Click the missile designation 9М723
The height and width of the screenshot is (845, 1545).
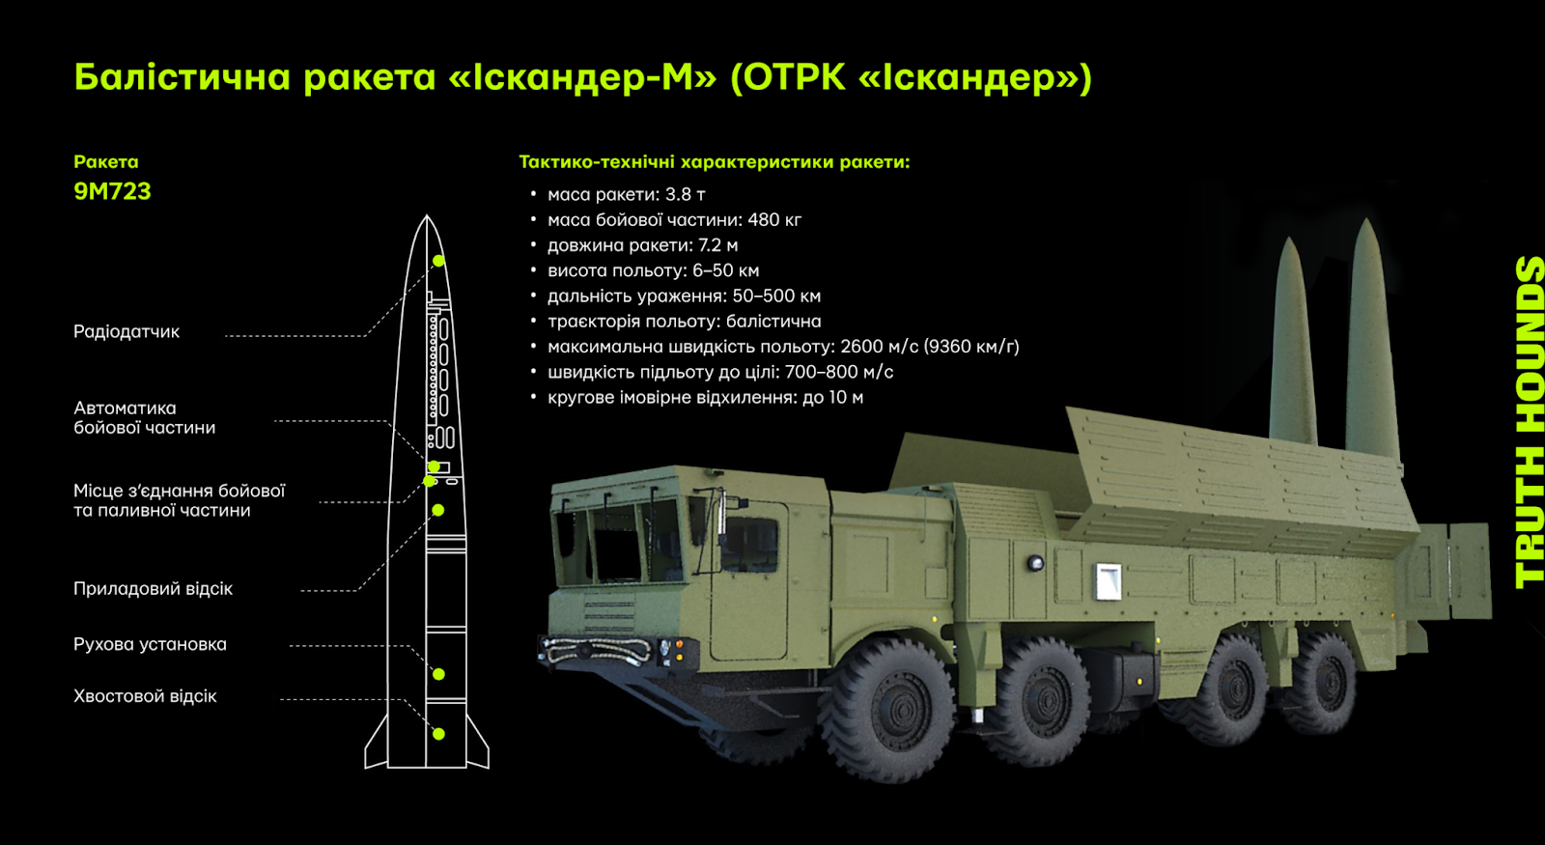click(x=112, y=191)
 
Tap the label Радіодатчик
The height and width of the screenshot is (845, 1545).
click(x=126, y=332)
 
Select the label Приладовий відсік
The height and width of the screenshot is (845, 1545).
click(x=154, y=588)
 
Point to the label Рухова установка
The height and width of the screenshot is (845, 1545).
click(x=150, y=644)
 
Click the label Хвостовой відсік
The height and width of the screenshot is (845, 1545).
click(x=145, y=696)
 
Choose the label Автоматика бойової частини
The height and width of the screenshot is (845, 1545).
click(x=145, y=418)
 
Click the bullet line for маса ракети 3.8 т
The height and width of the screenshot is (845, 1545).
click(x=618, y=194)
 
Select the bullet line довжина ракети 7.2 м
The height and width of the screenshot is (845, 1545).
click(x=633, y=245)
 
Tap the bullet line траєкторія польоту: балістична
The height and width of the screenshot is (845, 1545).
click(x=676, y=322)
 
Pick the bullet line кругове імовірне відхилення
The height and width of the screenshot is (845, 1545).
click(x=696, y=397)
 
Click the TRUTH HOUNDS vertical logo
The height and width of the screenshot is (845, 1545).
click(x=1529, y=422)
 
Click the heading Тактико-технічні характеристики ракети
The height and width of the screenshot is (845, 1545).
click(x=715, y=162)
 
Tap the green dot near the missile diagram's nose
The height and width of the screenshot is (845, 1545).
click(x=438, y=261)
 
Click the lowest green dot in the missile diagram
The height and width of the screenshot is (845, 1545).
click(x=438, y=734)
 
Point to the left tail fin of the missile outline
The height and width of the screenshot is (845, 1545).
click(x=376, y=744)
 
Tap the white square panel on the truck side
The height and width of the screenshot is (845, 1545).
click(x=1108, y=581)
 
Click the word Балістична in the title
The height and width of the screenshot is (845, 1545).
click(x=183, y=76)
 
